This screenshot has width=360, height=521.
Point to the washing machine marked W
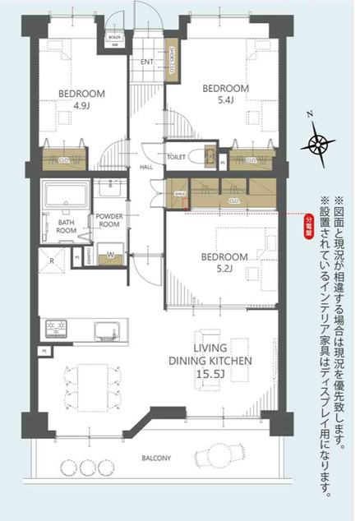[110, 254]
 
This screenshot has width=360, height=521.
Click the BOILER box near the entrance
[114, 38]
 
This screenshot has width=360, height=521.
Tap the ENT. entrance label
[147, 62]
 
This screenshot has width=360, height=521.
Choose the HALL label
[146, 167]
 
